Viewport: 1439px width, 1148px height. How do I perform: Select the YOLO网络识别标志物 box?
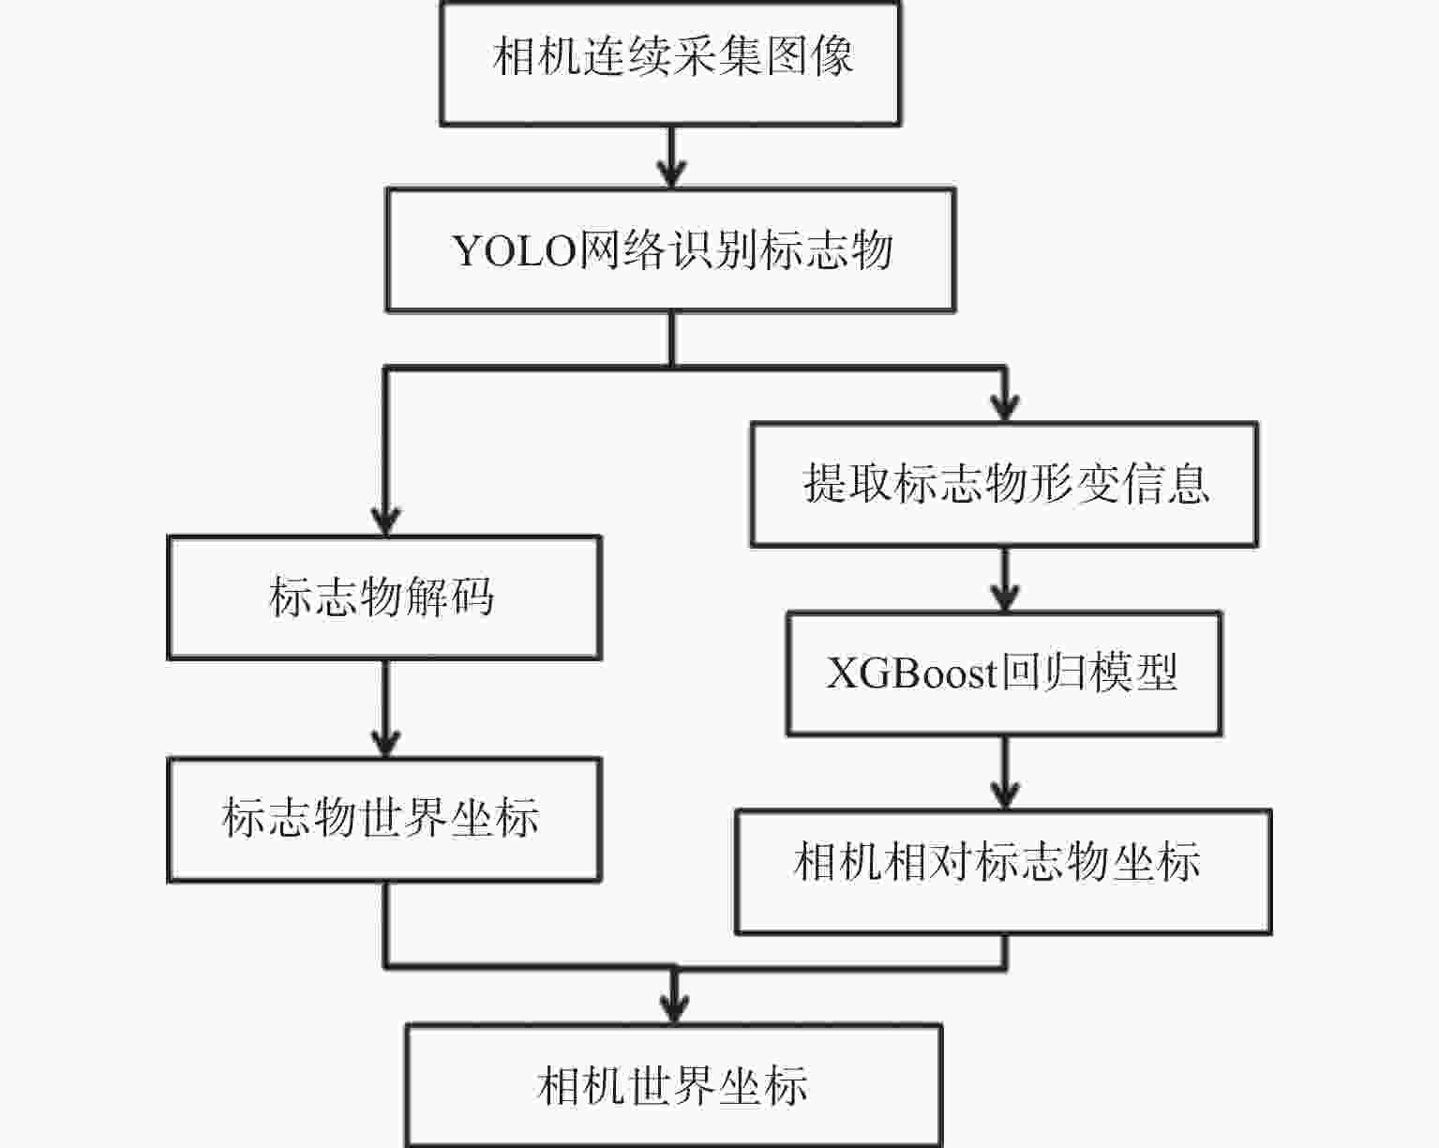[x=670, y=250]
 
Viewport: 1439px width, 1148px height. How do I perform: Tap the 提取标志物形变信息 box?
[x=1004, y=484]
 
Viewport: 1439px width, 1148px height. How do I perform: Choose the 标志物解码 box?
[x=383, y=597]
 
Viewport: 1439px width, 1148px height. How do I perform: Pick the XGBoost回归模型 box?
[x=1003, y=673]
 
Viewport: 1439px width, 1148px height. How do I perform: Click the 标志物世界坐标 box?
[x=383, y=819]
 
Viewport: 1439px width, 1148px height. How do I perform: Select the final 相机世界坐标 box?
[x=672, y=1085]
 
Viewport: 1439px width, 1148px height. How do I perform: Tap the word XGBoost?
[x=911, y=673]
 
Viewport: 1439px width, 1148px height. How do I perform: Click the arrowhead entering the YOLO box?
[x=671, y=174]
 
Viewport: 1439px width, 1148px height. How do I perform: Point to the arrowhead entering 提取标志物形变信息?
[x=1005, y=409]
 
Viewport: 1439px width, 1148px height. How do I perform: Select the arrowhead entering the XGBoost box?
[x=1005, y=597]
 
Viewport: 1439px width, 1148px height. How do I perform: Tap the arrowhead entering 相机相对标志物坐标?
[x=1005, y=795]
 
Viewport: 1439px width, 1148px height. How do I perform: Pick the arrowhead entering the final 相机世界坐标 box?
[x=673, y=1009]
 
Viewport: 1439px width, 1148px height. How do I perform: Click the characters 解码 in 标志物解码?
[x=450, y=597]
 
